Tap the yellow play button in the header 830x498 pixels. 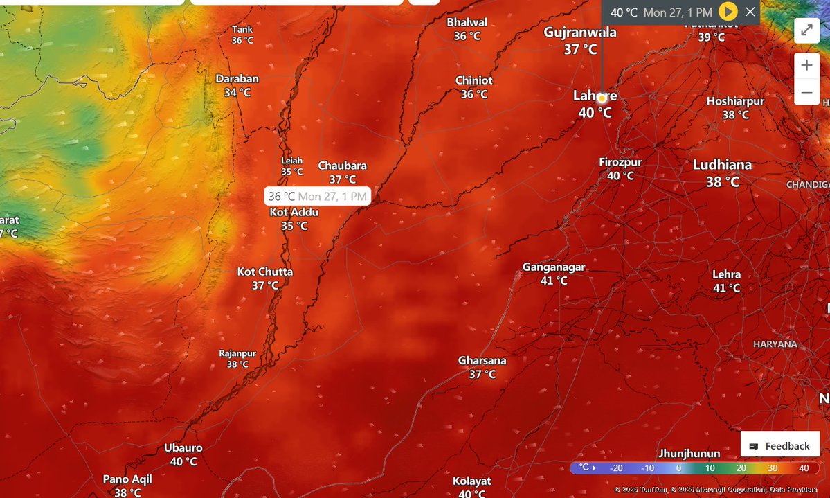728,12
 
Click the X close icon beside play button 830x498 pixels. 750,12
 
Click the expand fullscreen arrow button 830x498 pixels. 806,30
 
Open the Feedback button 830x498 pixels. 779,446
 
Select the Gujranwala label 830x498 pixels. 580,33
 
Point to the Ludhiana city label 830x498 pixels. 723,166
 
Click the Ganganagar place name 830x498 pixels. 554,267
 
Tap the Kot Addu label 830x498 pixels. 294,212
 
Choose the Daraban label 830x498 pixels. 237,79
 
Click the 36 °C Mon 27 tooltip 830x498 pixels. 317,197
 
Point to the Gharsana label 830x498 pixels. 482,361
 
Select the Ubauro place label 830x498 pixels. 183,448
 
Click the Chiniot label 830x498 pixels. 474,81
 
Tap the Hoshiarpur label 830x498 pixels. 735,101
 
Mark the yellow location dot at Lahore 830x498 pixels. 602,98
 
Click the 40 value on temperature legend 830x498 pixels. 804,468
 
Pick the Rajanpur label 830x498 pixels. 237,353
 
